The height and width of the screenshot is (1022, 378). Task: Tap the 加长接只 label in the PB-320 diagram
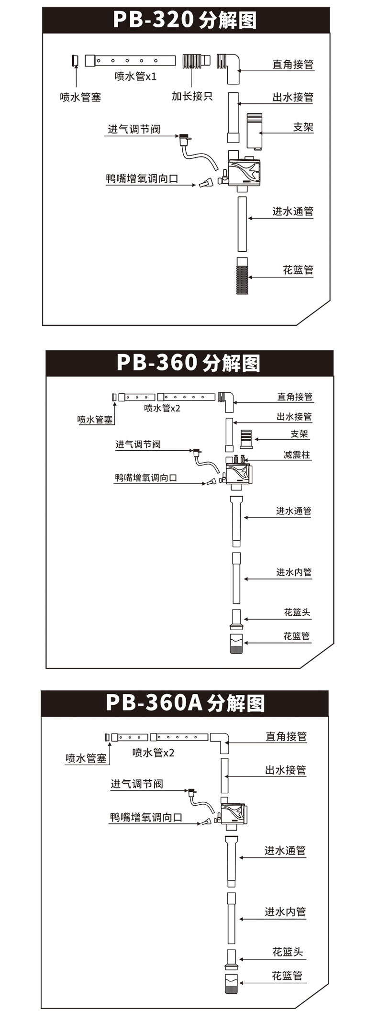pos(192,96)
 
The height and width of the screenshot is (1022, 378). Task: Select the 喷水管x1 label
pos(135,76)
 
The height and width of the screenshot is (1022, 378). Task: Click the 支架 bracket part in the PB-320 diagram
pos(254,131)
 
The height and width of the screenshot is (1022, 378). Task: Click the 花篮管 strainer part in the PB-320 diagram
pos(243,276)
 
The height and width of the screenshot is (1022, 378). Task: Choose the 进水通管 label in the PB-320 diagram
pos(292,211)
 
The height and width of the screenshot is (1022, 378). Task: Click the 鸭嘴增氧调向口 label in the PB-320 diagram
pos(142,179)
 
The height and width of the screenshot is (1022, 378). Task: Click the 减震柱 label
pos(297,455)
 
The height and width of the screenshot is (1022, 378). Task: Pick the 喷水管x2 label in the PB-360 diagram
pos(162,408)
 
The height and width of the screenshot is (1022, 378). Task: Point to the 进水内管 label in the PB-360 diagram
pos(293,572)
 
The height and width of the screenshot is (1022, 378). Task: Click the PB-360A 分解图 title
pos(185,703)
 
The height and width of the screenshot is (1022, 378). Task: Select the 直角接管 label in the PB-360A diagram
pos(286,736)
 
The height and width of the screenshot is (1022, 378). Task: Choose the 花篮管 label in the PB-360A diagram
pos(287,976)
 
